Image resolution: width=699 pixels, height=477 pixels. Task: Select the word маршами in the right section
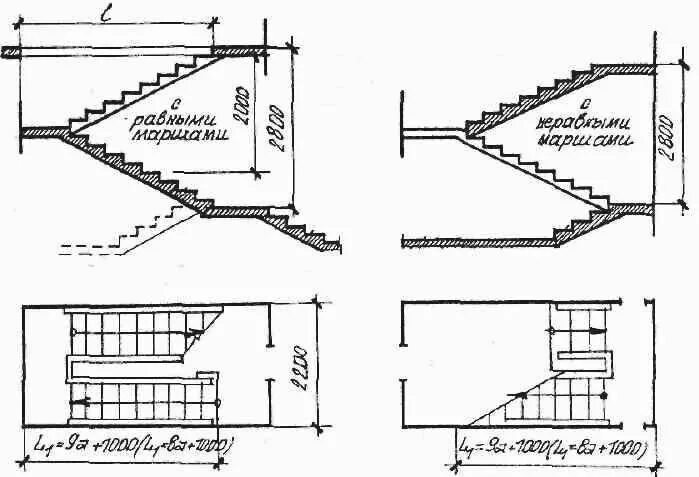click(574, 141)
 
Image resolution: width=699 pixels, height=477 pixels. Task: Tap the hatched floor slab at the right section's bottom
click(480, 241)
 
